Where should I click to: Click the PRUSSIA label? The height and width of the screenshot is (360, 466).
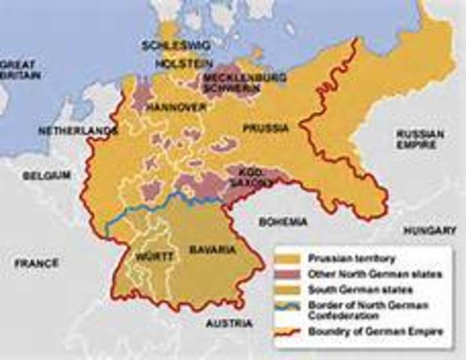[265, 128]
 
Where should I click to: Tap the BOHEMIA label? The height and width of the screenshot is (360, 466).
[282, 222]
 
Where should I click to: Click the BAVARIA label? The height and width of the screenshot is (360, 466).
[213, 249]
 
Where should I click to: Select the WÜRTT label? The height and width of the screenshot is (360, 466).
[154, 256]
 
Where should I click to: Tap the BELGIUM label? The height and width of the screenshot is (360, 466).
[46, 175]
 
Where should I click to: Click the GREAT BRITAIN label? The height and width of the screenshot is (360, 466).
[21, 70]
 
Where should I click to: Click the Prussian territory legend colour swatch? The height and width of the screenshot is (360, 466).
[288, 257]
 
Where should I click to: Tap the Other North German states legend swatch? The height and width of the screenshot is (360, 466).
[288, 274]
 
